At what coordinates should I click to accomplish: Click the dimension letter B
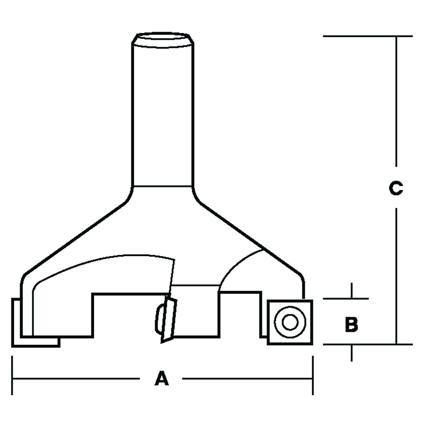click(351, 324)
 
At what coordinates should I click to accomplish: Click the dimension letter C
click(396, 188)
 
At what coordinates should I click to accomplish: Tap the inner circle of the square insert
click(290, 322)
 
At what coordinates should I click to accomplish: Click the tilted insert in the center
click(169, 319)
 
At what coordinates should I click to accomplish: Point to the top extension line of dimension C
click(368, 36)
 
